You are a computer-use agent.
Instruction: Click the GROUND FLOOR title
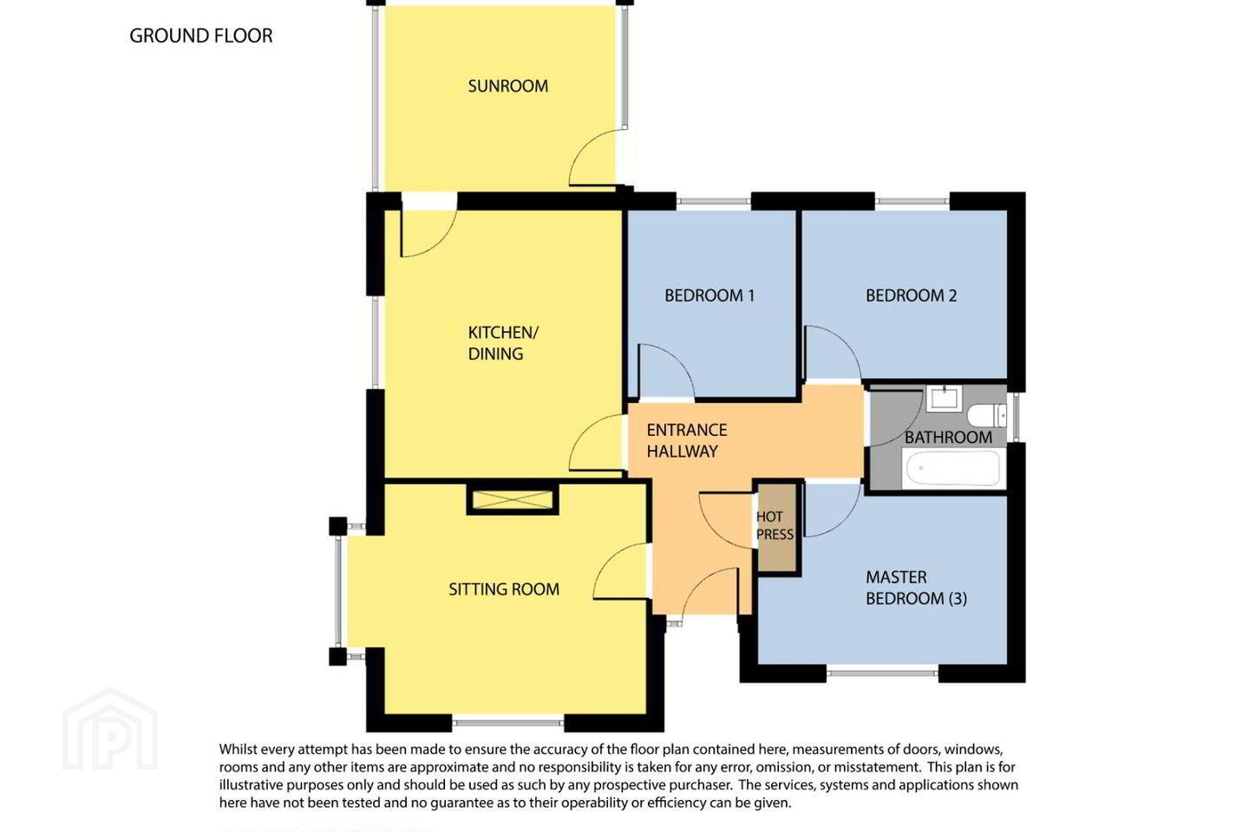[x=200, y=36]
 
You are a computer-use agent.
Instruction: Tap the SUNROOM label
[x=508, y=86]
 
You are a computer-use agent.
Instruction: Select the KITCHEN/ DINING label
[x=503, y=342]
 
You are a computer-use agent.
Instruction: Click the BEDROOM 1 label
[x=710, y=296]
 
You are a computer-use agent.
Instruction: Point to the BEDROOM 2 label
[x=911, y=296]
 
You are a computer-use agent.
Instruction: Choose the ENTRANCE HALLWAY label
[x=687, y=440]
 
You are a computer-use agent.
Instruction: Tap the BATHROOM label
[x=948, y=438]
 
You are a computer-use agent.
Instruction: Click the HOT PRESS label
[x=775, y=525]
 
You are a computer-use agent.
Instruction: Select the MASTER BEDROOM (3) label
[x=916, y=588]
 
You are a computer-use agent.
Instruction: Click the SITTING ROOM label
[x=504, y=589]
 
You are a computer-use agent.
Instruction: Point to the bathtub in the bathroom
[x=953, y=468]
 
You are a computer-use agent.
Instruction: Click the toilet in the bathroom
[x=986, y=415]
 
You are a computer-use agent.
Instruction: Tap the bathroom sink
[x=943, y=398]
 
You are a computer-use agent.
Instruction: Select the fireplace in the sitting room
[x=513, y=499]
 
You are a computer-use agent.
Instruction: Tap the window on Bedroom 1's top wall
[x=714, y=201]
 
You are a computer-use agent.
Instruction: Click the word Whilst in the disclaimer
[x=238, y=749]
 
